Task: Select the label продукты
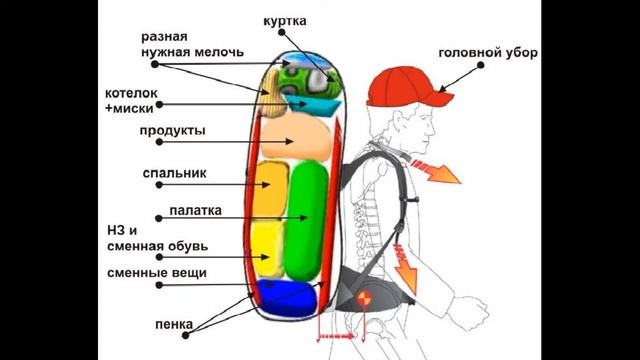coord(172,131)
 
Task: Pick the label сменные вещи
coord(157,272)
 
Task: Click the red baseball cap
coord(399,86)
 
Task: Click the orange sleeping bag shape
coord(271,188)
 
